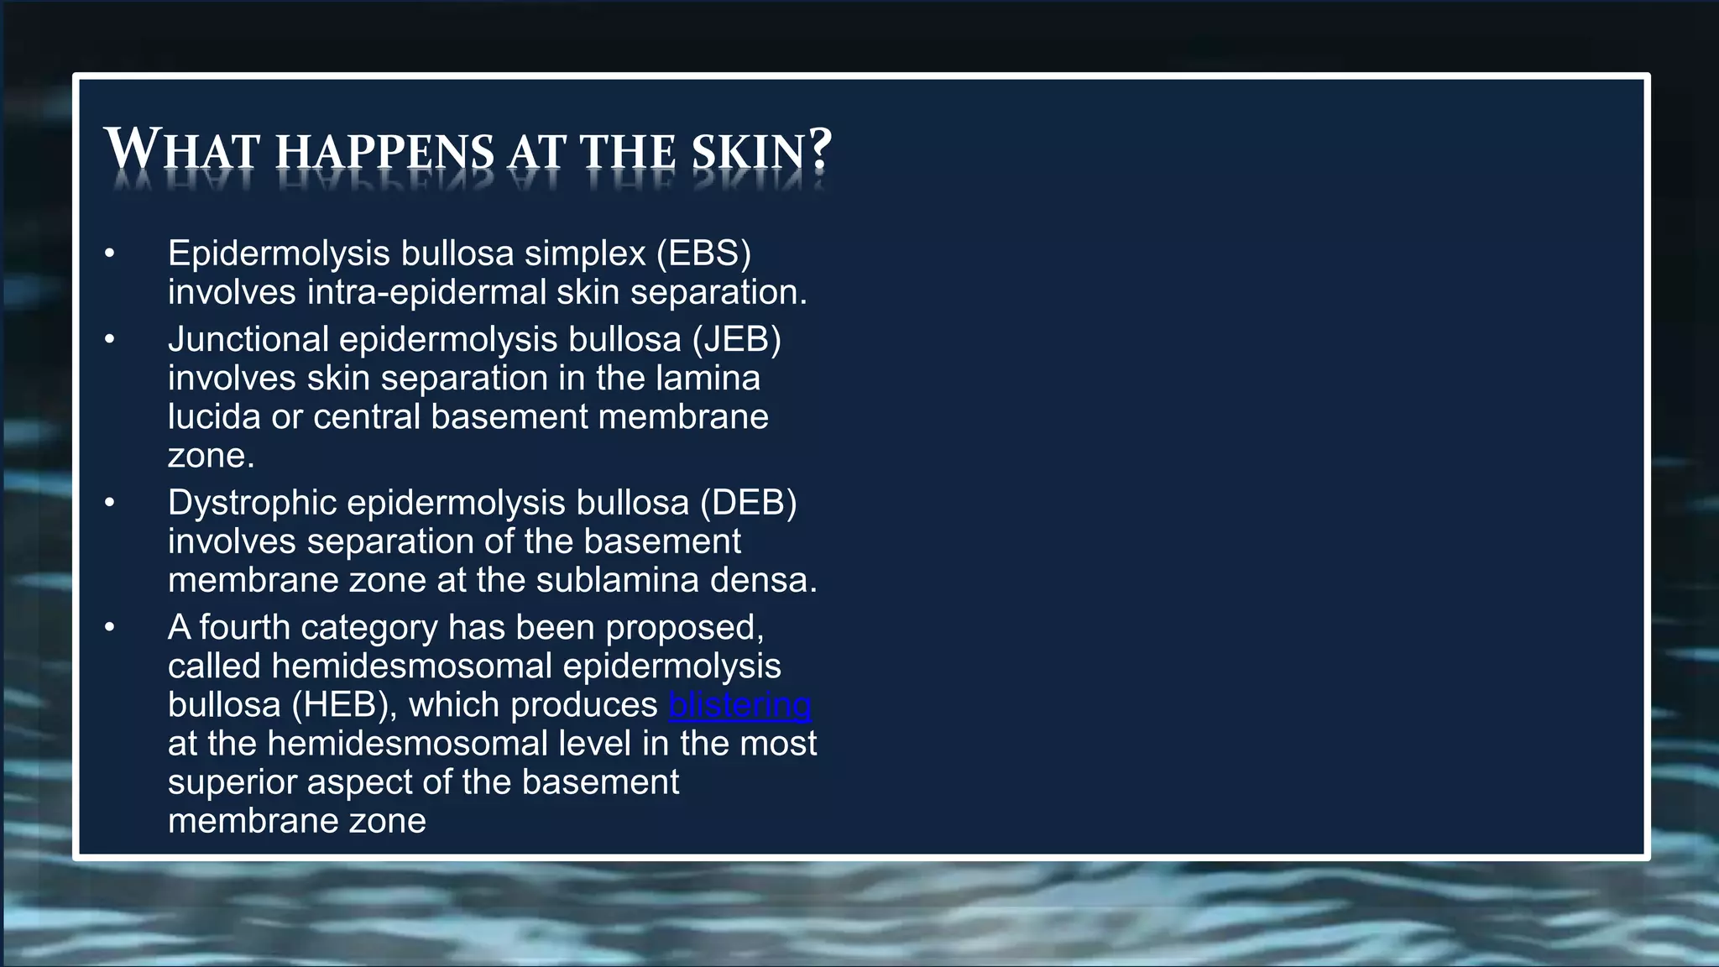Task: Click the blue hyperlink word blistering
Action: click(739, 705)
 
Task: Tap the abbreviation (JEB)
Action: click(736, 340)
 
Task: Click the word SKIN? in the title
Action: click(761, 152)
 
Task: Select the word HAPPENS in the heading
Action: click(385, 152)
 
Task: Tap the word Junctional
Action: click(248, 340)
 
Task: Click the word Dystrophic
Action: click(251, 503)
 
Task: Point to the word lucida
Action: click(213, 417)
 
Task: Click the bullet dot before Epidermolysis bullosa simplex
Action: click(109, 254)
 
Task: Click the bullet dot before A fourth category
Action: click(109, 628)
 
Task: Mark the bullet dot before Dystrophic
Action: click(109, 503)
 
